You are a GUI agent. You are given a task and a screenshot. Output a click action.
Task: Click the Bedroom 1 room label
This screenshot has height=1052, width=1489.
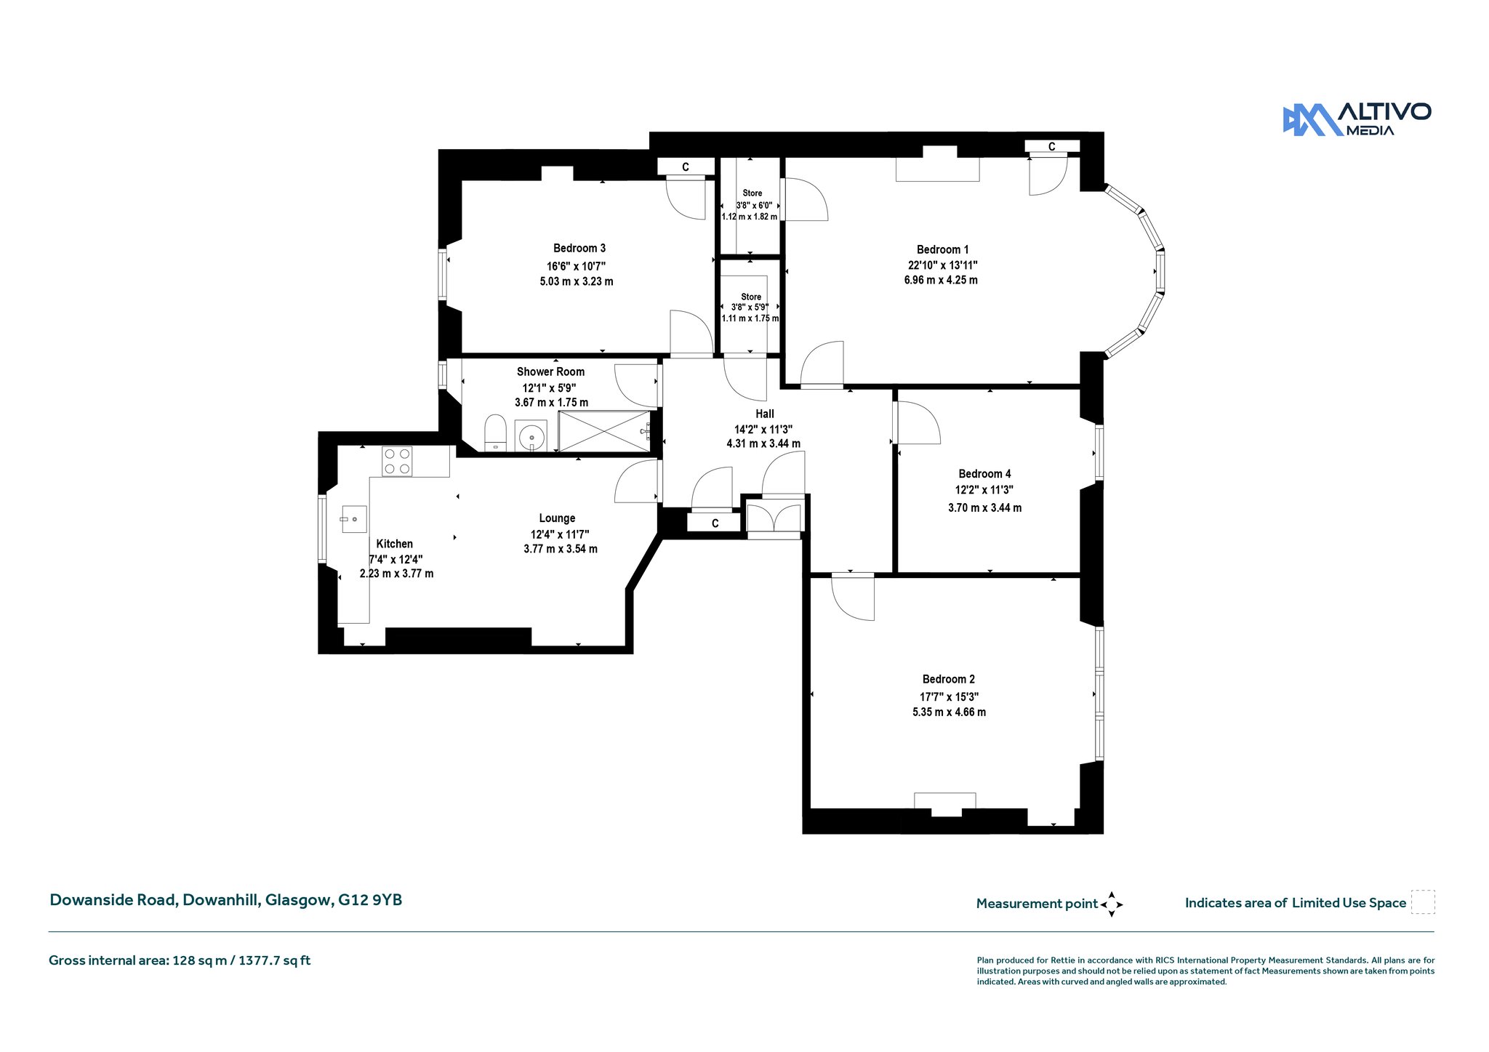(942, 249)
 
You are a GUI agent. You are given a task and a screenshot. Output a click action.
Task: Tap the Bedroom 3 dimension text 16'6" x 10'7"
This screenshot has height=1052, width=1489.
(576, 266)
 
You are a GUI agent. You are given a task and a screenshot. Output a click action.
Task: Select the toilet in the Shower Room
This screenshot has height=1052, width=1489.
(495, 433)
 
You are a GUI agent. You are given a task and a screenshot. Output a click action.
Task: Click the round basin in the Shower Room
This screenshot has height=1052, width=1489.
(532, 436)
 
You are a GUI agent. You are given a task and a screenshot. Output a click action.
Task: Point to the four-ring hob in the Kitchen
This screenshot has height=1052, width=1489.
(397, 461)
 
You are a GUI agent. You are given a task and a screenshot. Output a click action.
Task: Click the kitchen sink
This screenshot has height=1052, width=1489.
(353, 519)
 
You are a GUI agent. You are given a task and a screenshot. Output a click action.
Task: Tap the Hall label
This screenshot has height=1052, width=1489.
(764, 414)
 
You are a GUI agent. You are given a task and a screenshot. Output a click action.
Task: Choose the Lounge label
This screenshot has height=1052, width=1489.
(557, 518)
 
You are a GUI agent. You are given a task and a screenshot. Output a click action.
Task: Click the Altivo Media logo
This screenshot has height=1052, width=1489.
(1357, 119)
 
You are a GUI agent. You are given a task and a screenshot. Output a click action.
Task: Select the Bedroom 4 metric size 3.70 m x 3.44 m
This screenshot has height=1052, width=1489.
(984, 508)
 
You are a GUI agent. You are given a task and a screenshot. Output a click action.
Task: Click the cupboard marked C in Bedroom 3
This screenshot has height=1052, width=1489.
(686, 167)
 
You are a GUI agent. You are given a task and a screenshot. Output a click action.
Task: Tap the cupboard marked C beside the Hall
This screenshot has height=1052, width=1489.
(715, 523)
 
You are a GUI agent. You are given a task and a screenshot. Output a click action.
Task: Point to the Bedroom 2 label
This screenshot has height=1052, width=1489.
(949, 679)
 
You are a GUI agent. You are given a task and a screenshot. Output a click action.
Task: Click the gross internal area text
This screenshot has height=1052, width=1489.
(180, 960)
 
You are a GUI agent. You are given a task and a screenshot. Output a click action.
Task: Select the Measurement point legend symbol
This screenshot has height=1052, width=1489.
(1112, 904)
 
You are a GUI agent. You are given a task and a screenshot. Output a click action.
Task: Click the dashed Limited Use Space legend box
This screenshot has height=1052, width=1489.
(1423, 902)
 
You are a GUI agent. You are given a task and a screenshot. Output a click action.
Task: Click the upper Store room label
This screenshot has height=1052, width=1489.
(752, 193)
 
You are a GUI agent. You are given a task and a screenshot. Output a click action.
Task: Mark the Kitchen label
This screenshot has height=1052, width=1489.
(395, 544)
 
